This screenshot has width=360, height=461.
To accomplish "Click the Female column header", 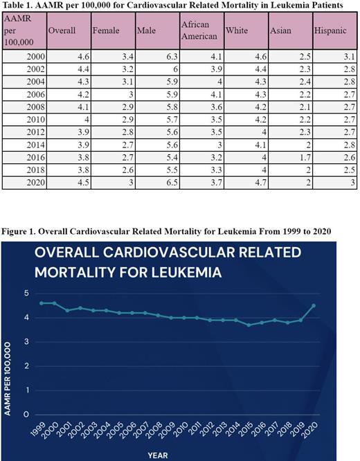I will [x=107, y=31].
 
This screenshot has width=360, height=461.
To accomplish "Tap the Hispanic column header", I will [x=330, y=31].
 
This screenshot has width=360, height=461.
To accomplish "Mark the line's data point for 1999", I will [x=42, y=303].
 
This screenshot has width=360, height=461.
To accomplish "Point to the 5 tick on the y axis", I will [x=26, y=293].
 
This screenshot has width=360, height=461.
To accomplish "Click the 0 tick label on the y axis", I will [x=26, y=415].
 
